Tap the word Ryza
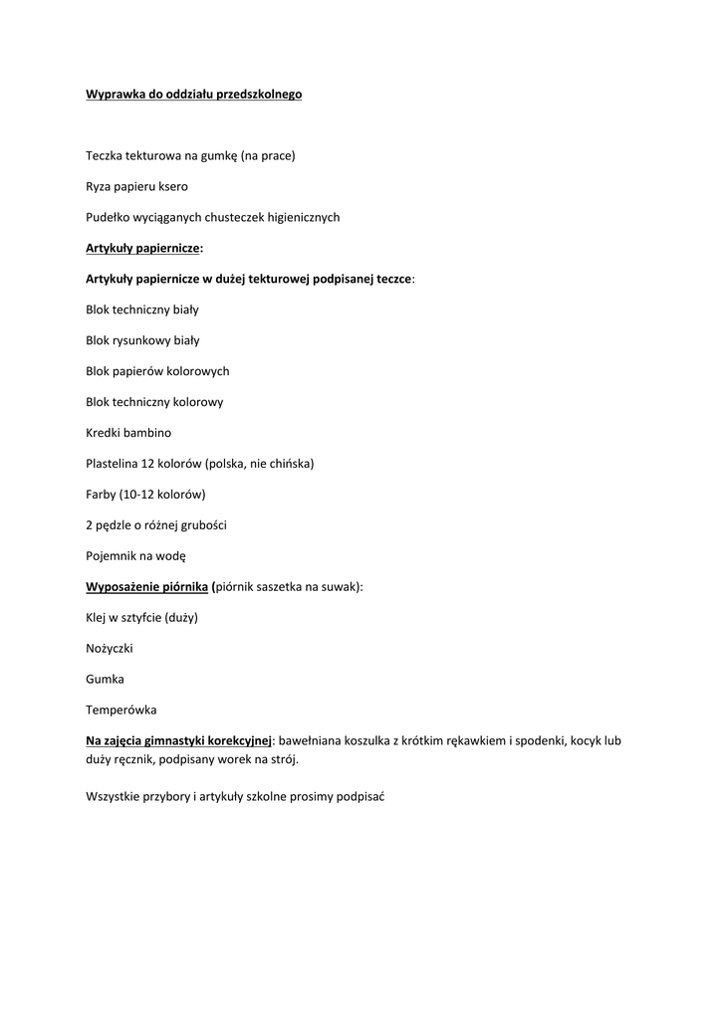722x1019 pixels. click(x=100, y=186)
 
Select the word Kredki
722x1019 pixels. click(x=103, y=433)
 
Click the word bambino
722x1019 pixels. click(x=147, y=433)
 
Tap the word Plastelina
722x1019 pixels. click(x=114, y=464)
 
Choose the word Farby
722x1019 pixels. click(x=101, y=495)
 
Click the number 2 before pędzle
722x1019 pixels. click(x=90, y=525)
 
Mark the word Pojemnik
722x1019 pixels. click(x=112, y=556)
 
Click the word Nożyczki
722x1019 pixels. click(x=110, y=649)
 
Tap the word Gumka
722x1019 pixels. click(x=105, y=680)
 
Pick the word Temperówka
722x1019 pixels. click(x=120, y=711)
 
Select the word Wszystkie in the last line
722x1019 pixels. click(x=115, y=797)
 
